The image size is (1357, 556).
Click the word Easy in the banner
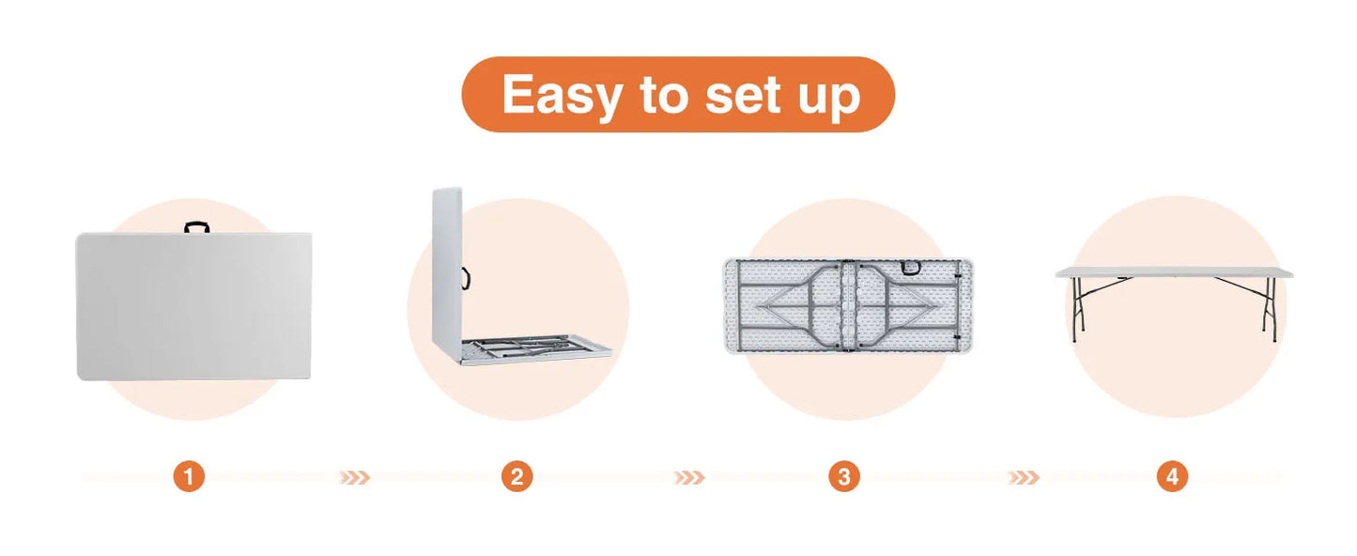pos(562,96)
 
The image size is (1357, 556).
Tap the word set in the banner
pos(743,95)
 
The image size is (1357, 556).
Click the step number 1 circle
pos(189,477)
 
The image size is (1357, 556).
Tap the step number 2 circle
pos(517,477)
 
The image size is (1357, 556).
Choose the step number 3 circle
pos(844,477)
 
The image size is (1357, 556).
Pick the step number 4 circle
pos(1172,477)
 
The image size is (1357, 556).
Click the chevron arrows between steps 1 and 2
pos(354,478)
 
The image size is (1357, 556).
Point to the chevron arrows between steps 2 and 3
pos(689,478)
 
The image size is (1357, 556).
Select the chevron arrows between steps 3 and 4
pos(1024,478)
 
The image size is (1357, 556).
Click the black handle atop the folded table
pos(197,227)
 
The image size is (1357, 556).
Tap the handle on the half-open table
pos(467,278)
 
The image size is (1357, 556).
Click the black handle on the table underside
pos(911,267)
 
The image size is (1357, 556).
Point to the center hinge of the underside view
pos(847,306)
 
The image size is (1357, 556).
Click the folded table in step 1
pos(193,306)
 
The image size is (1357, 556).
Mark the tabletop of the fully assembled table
pos(1174,272)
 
